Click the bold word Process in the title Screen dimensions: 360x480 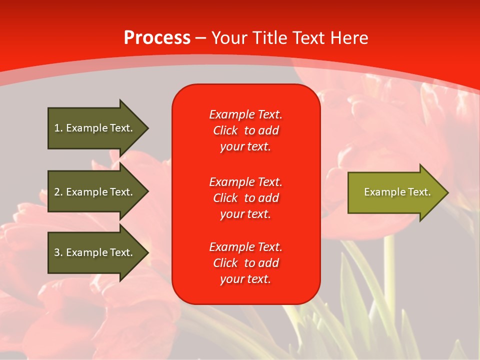pos(157,38)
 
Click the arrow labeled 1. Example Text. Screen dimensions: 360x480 pos(95,128)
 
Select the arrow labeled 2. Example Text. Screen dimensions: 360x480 pos(95,192)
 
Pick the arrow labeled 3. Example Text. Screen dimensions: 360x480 pos(95,252)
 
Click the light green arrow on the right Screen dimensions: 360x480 pos(395,192)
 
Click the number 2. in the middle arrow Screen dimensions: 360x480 pos(58,192)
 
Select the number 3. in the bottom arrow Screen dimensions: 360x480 pos(58,252)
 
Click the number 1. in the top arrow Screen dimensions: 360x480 pos(58,128)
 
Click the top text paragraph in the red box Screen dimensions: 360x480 pos(245,130)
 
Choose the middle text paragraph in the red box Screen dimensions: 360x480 pos(245,198)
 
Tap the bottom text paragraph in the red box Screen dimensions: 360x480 pos(245,263)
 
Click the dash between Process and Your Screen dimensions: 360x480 pos(200,38)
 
